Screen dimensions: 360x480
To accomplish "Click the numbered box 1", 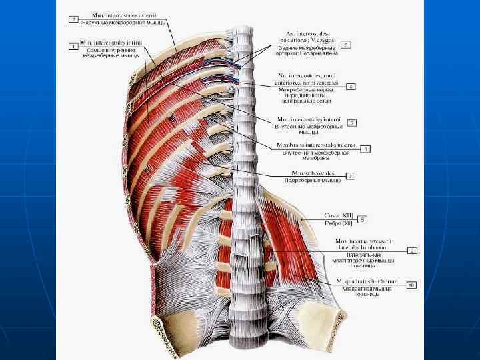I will pyautogui.click(x=73, y=46).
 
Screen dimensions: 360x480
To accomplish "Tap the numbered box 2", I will pyautogui.click(x=73, y=19).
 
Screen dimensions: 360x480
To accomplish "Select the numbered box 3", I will pyautogui.click(x=346, y=45).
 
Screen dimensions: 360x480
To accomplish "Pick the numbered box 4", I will pyautogui.click(x=351, y=86).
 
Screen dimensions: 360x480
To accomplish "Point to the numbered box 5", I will pyautogui.click(x=352, y=122).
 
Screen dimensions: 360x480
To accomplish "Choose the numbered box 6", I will pyautogui.click(x=365, y=149).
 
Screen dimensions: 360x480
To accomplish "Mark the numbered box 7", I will pyautogui.click(x=351, y=176).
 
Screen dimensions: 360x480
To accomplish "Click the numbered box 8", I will pyautogui.click(x=363, y=218).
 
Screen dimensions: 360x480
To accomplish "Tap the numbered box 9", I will pyautogui.click(x=412, y=250).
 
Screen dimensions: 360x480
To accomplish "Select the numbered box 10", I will pyautogui.click(x=411, y=285).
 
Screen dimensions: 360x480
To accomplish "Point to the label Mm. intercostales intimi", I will pyautogui.click(x=110, y=43).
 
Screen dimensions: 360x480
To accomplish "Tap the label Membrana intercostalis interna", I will pyautogui.click(x=317, y=145).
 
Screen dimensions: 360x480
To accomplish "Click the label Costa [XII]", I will pyautogui.click(x=339, y=215).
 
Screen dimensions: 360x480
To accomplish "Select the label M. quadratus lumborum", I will pyautogui.click(x=366, y=281).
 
